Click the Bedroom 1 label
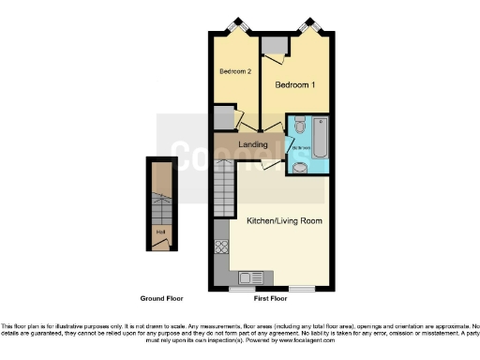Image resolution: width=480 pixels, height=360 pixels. pos(292,85)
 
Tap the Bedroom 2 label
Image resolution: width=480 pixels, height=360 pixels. pos(235,71)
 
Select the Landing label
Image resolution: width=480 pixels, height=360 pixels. pos(253,144)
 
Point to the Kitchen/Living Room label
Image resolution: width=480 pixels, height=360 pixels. pos(279,222)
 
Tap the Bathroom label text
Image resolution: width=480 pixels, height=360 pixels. pos(301,148)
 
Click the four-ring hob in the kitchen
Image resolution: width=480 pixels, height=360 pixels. pos(223,248)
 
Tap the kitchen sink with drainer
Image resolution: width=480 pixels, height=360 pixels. pos(253,277)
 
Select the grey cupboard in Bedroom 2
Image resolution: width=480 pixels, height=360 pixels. pos(222,117)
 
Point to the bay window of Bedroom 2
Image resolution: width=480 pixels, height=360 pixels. pos(232,26)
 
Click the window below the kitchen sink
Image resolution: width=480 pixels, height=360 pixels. pos(253,288)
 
